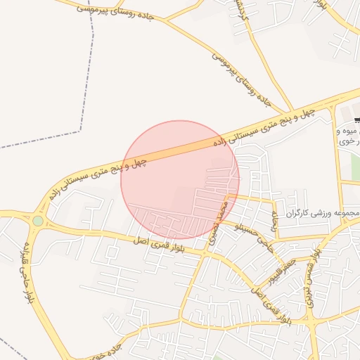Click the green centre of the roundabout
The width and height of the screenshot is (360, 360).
(x=38, y=221)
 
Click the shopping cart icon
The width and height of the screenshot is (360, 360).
(x=356, y=119)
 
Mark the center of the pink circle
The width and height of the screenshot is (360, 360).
(x=180, y=180)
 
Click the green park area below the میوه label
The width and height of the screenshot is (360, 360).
(x=355, y=166)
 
